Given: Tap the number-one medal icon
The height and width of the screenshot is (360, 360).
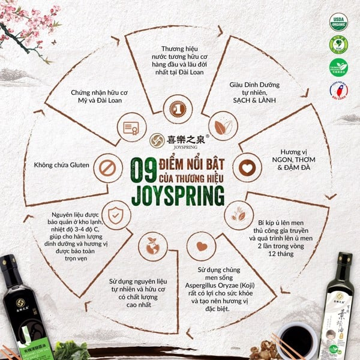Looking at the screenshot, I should tap(178, 109).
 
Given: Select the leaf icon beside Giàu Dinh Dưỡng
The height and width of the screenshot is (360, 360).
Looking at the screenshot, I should tap(221, 127).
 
